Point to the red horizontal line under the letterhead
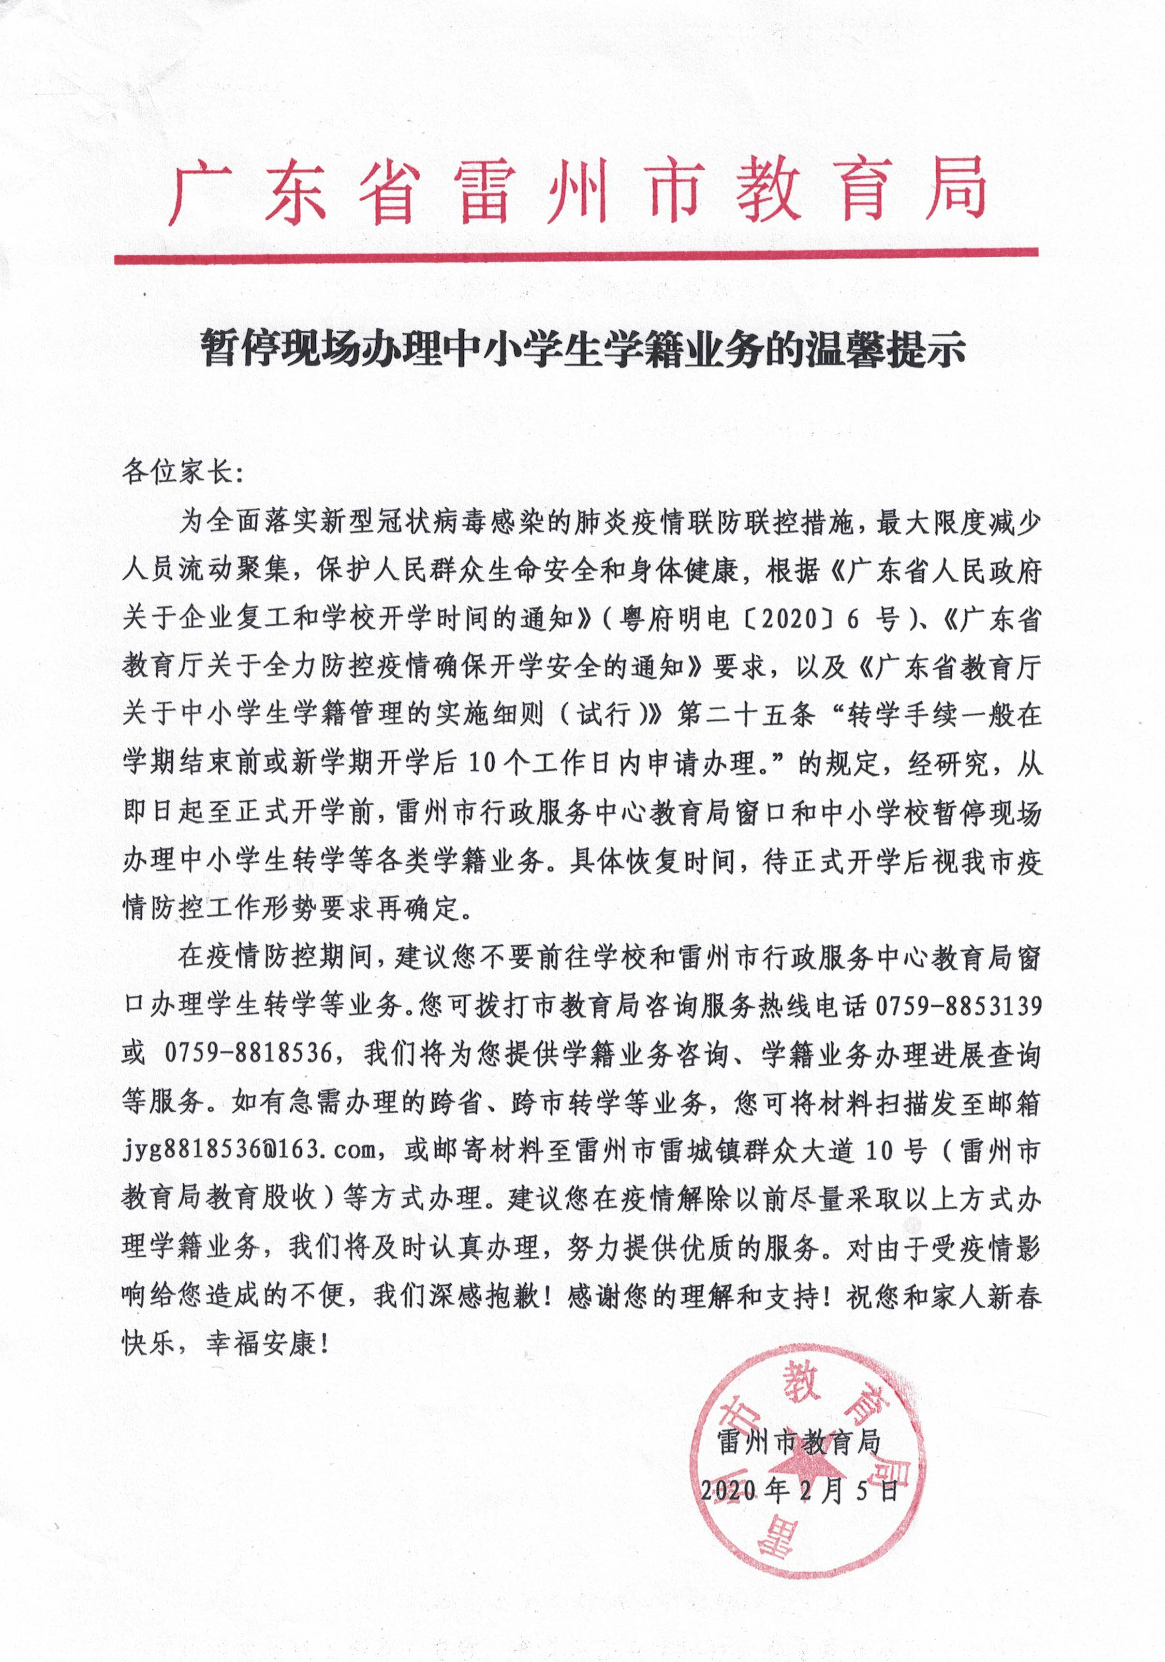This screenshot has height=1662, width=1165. click(575, 256)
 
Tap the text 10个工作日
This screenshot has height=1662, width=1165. click(539, 763)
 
